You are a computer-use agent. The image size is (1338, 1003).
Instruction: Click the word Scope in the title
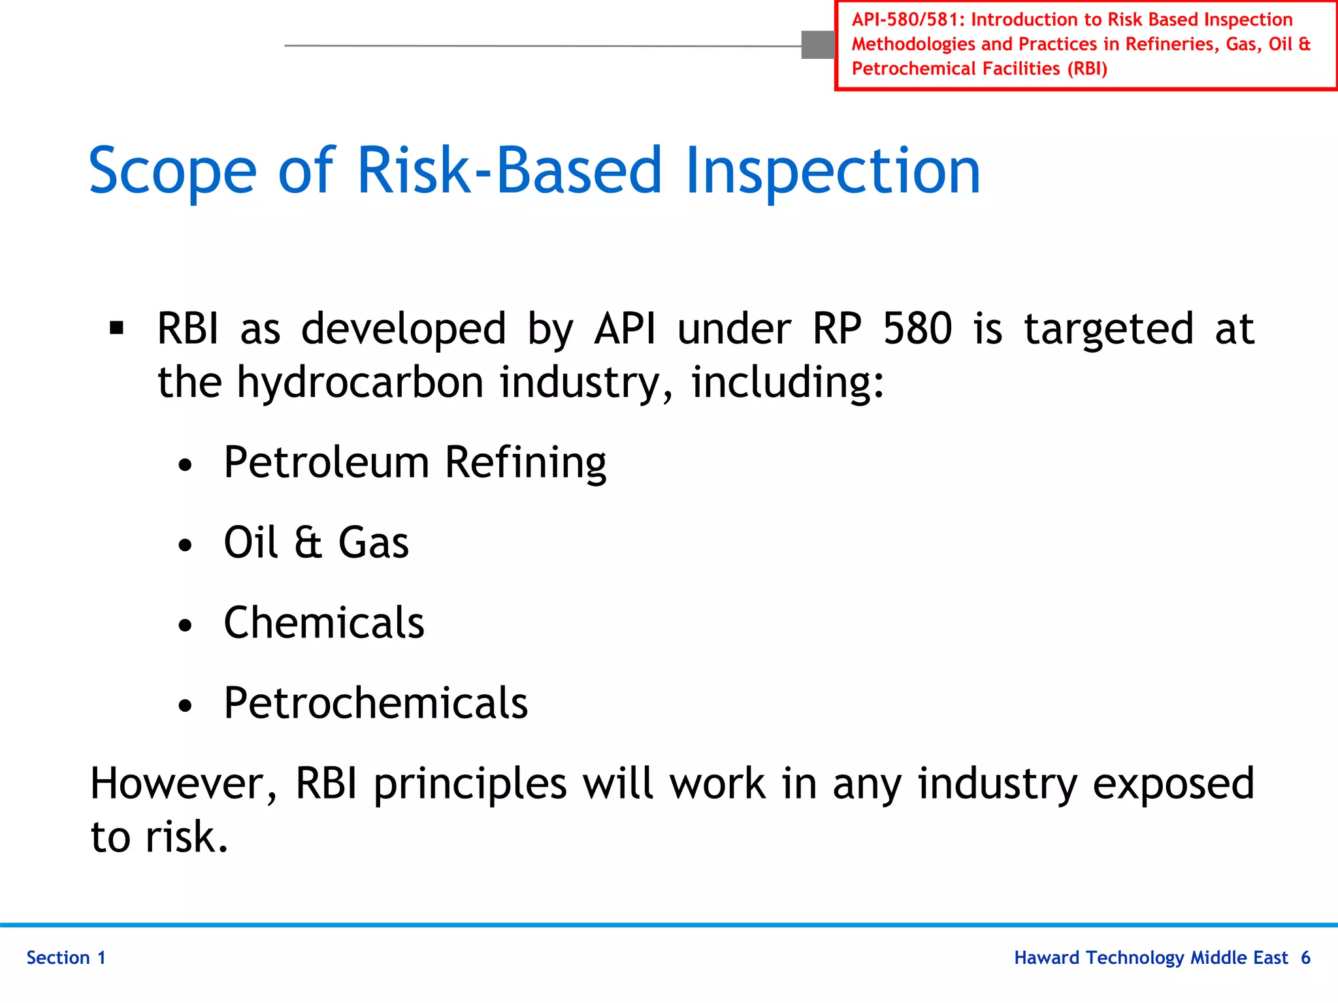pyautogui.click(x=172, y=172)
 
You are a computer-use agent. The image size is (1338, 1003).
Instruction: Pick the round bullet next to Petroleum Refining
pyautogui.click(x=186, y=465)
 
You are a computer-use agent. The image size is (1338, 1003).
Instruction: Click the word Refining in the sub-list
pyautogui.click(x=525, y=462)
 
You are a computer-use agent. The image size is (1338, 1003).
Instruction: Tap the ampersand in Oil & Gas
pyautogui.click(x=308, y=543)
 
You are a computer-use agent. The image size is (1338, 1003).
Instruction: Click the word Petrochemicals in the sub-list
pyautogui.click(x=376, y=703)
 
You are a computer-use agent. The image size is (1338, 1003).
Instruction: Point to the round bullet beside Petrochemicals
pyautogui.click(x=186, y=706)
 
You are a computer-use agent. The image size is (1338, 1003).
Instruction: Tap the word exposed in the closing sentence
pyautogui.click(x=1173, y=784)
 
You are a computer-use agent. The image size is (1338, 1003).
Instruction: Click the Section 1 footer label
pyautogui.click(x=66, y=958)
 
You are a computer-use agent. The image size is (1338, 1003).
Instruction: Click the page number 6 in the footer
pyautogui.click(x=1305, y=958)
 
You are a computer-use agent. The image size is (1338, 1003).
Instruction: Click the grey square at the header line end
pyautogui.click(x=818, y=45)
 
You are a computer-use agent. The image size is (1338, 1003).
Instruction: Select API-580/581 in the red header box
pyautogui.click(x=905, y=20)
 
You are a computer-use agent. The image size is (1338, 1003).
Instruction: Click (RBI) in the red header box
pyautogui.click(x=1087, y=69)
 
